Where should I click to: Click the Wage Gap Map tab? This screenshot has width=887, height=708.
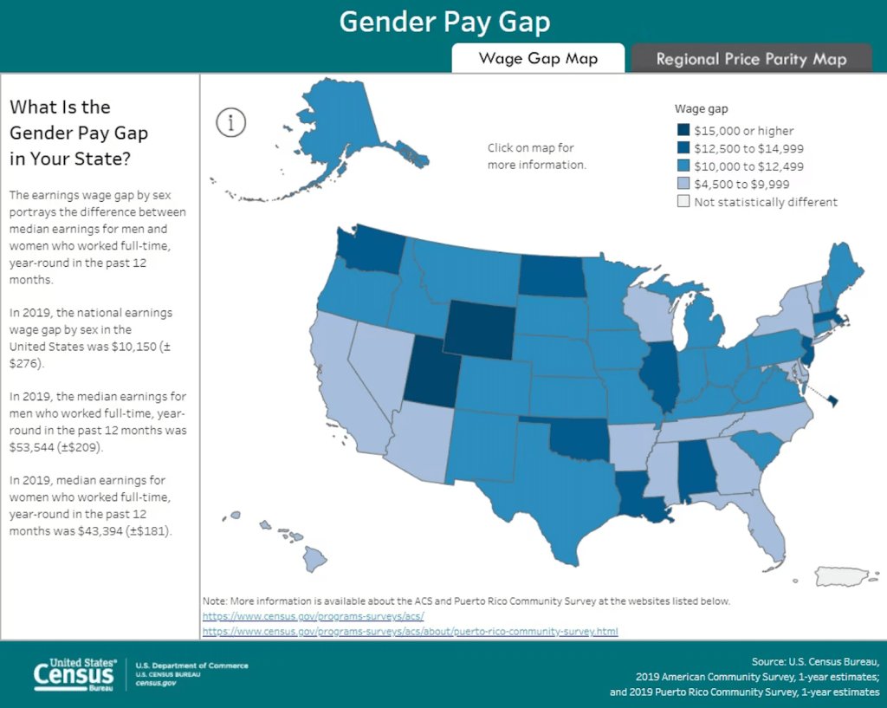538,59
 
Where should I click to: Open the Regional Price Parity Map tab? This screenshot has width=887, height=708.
751,59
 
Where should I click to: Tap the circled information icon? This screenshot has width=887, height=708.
231,122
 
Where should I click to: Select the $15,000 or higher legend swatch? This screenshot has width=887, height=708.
683,131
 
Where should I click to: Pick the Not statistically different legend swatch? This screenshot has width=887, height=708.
683,202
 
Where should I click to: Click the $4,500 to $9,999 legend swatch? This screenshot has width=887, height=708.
683,184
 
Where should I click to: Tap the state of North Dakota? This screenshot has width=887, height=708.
550,276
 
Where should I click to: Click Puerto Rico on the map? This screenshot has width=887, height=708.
850,576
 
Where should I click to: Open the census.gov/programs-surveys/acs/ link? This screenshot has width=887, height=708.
313,616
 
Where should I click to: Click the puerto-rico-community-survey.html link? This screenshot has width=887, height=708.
410,632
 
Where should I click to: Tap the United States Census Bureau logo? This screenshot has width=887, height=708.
74,673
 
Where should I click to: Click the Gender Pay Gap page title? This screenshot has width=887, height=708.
443,22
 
